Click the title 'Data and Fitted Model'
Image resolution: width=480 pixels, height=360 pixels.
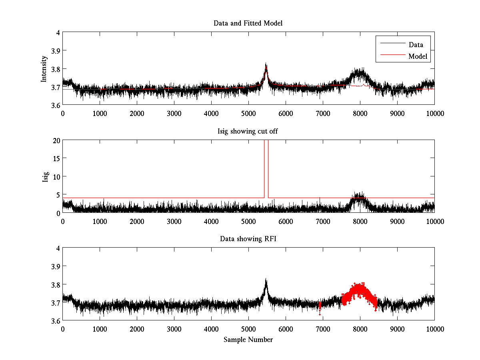pyautogui.click(x=248, y=23)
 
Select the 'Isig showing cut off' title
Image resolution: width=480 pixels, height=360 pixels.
pyautogui.click(x=248, y=131)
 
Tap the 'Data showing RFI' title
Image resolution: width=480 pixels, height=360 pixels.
pyautogui.click(x=248, y=239)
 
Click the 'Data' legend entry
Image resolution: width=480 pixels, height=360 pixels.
pyautogui.click(x=416, y=45)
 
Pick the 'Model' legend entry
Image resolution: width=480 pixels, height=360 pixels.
pyautogui.click(x=418, y=56)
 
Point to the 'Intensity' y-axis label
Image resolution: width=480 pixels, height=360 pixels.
pyautogui.click(x=44, y=69)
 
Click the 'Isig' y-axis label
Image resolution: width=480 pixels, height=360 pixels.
pyautogui.click(x=45, y=176)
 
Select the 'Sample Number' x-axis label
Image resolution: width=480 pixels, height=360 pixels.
pyautogui.click(x=248, y=340)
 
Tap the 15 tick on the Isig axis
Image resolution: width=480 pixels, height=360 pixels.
pyautogui.click(x=57, y=158)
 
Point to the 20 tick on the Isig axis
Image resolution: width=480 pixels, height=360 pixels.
pyautogui.click(x=57, y=140)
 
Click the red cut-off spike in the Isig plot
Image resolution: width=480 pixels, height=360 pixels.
pyautogui.click(x=266, y=168)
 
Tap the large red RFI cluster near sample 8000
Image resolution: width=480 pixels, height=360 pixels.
pyautogui.click(x=359, y=294)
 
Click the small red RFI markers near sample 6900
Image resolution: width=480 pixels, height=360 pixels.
pyautogui.click(x=320, y=306)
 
